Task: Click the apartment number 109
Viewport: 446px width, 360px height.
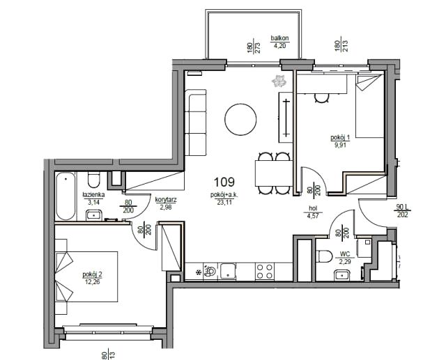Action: point(224,182)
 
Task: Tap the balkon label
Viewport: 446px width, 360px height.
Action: point(280,38)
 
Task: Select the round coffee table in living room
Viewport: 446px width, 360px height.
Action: point(240,119)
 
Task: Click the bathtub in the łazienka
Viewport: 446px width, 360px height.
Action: point(66,196)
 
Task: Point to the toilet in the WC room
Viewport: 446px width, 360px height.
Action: point(324,256)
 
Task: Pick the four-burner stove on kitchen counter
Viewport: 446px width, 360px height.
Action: point(265,271)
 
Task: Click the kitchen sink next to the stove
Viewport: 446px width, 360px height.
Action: point(228,271)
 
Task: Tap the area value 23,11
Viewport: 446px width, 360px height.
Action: point(224,202)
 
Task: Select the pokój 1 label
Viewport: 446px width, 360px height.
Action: point(340,137)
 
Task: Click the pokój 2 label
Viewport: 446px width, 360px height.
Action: point(93,274)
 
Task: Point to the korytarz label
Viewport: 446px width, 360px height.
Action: point(166,200)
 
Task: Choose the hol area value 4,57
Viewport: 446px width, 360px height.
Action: point(313,216)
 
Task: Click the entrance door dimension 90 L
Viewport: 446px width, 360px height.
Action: point(403,208)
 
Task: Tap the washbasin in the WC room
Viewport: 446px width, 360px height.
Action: point(342,275)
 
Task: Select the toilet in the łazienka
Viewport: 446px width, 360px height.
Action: point(93,180)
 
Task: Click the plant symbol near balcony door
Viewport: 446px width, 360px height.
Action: point(279,81)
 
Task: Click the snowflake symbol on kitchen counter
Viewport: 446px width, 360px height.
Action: point(198,272)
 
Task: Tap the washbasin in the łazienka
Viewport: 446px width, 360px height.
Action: point(94,215)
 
